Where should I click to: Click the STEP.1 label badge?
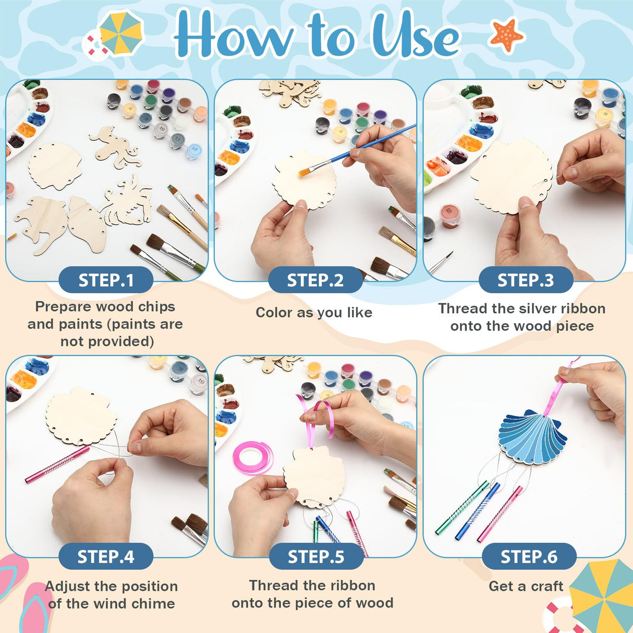tap(106, 281)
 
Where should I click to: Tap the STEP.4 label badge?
tap(106, 557)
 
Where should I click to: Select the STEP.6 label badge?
tap(529, 557)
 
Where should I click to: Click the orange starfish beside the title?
tap(506, 35)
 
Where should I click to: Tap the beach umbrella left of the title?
tap(120, 32)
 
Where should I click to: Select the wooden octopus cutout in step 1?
tap(117, 146)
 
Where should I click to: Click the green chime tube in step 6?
tap(461, 508)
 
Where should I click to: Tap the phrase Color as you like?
tap(314, 313)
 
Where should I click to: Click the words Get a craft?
tap(526, 586)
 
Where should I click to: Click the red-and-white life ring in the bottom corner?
tap(561, 618)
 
